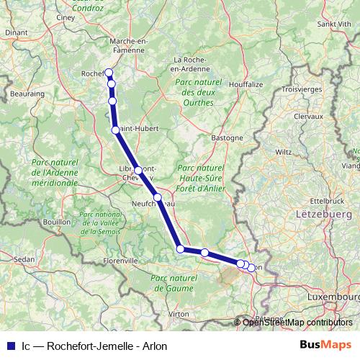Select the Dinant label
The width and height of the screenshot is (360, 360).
(16, 32)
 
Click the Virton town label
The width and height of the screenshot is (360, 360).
(178, 314)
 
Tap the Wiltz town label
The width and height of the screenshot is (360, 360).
(284, 152)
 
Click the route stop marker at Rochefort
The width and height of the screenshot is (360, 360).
(109, 72)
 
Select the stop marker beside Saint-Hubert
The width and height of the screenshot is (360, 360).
(115, 130)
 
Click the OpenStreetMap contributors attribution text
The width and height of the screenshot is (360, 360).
(297, 322)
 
